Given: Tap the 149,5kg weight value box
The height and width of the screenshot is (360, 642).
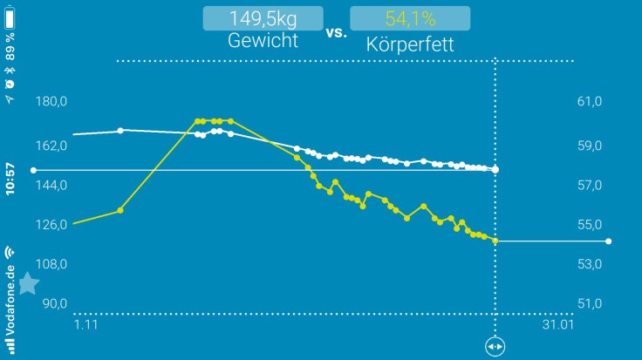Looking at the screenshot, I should (x=263, y=18).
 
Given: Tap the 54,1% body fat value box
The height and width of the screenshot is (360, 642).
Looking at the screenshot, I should (x=409, y=18).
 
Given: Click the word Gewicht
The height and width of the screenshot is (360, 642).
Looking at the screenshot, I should (x=263, y=42).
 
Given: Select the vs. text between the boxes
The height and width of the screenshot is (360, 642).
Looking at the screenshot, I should (x=336, y=33).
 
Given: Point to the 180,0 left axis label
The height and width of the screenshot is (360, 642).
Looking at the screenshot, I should (x=52, y=102).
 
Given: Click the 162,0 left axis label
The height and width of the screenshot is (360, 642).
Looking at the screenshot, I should (x=52, y=146).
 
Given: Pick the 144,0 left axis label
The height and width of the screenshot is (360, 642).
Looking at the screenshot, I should (x=52, y=186).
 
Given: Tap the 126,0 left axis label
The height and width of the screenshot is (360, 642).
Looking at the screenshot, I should (x=52, y=225).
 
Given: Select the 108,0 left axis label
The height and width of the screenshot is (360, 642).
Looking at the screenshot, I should (x=52, y=264).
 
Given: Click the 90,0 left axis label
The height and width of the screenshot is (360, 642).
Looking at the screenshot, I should (x=55, y=303).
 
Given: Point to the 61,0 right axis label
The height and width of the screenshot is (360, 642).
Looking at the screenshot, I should (x=591, y=102).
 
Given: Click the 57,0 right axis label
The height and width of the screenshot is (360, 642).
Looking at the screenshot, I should (x=591, y=186).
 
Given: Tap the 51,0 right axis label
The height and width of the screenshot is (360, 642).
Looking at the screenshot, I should (x=591, y=303).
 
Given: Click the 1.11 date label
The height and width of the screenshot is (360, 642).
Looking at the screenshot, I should (x=85, y=325).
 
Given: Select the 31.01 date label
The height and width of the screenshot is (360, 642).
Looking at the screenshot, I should (x=557, y=325).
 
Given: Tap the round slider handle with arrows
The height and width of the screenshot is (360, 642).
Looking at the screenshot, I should (x=495, y=347).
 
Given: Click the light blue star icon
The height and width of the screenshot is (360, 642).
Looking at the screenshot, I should (x=28, y=283).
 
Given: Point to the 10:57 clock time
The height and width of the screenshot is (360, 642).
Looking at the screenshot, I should (x=10, y=179).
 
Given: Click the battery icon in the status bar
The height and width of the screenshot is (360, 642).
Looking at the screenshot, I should (x=10, y=17).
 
